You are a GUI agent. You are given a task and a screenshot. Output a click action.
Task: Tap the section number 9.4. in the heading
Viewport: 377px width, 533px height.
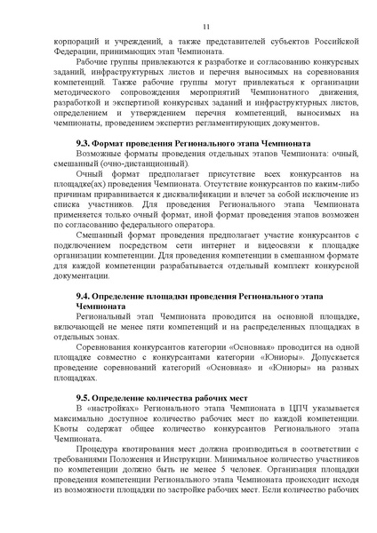[x=85, y=294]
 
